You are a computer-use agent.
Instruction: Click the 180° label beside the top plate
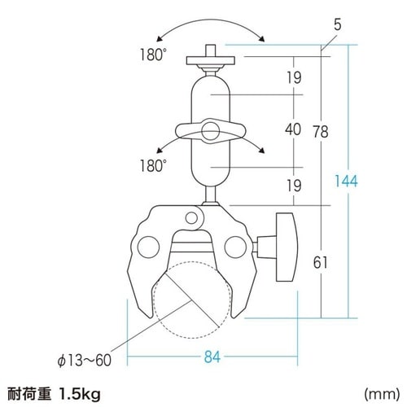tap(152, 58)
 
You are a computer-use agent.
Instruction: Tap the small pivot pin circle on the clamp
tap(192, 217)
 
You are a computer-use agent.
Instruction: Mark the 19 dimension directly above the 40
tap(294, 78)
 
